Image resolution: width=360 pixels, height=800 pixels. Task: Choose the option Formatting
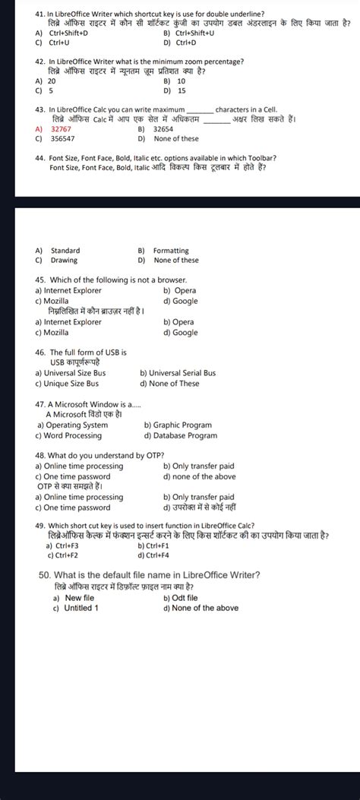click(171, 251)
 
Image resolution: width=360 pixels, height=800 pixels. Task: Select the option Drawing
click(64, 260)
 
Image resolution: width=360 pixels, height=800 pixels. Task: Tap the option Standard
click(65, 251)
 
